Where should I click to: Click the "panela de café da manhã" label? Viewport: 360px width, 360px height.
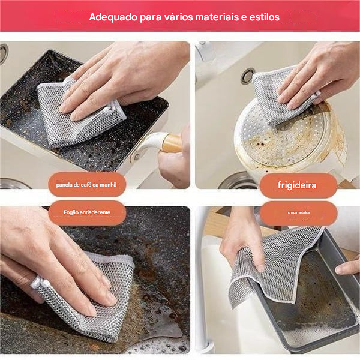(x=88, y=185)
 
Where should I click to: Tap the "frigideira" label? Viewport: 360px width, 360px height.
(x=298, y=185)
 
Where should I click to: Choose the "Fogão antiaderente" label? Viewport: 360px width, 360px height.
(x=87, y=213)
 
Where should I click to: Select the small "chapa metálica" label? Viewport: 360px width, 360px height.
(x=298, y=213)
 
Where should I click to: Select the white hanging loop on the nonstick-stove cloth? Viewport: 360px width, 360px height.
(x=37, y=282)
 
